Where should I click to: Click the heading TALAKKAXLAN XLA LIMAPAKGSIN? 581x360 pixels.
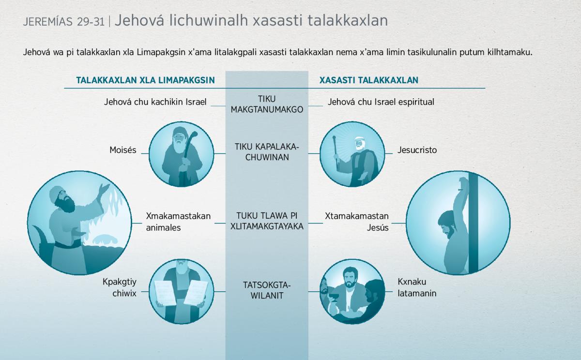(145, 80)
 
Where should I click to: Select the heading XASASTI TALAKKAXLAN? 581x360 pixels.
(369, 80)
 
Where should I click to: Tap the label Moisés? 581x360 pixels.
(123, 150)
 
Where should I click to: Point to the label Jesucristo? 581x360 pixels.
(417, 150)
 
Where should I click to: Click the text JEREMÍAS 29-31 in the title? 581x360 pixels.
(64, 22)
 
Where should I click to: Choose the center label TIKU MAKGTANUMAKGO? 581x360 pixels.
(267, 104)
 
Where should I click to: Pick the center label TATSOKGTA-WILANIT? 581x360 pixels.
(267, 290)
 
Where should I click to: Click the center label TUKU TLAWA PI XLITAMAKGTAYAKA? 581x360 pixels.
(267, 221)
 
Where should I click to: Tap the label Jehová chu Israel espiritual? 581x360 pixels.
(381, 102)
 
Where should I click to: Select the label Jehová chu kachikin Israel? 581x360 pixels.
(155, 102)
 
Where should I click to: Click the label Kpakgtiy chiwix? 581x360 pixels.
(120, 287)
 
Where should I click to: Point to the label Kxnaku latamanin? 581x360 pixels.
(417, 287)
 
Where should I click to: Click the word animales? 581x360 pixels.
(164, 227)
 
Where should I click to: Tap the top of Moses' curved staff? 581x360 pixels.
(194, 134)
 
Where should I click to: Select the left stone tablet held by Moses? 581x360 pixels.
(166, 293)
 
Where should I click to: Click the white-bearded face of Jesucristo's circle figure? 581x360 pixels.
(358, 144)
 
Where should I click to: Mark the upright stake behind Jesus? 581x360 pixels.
(474, 223)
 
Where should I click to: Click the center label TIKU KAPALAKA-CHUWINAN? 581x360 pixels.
(267, 152)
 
